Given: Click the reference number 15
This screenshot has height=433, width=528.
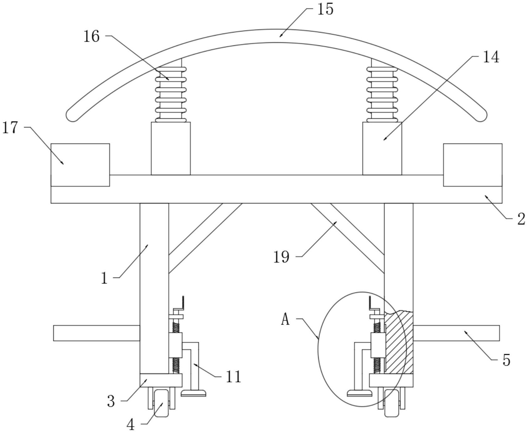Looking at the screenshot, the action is (x=325, y=9).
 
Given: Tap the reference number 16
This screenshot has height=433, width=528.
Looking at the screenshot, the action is (x=91, y=36).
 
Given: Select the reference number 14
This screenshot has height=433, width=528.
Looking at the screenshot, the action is (x=491, y=57).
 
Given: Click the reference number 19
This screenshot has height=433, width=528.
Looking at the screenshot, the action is (x=281, y=257).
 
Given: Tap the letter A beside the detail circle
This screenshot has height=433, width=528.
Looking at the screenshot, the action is (x=286, y=320).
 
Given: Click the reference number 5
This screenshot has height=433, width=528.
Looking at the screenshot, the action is (x=506, y=360).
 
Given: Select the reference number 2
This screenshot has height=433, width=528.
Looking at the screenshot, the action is (x=521, y=219).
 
